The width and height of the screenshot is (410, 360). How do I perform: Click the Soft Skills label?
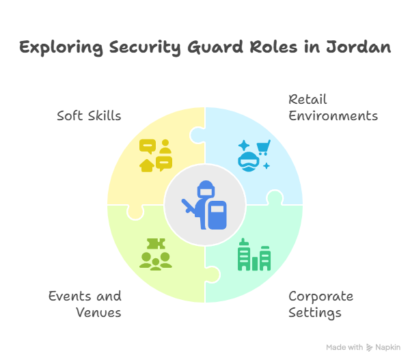pos(89,115)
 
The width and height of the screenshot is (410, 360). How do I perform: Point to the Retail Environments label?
pos(333,107)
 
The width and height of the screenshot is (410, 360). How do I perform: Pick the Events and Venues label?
pos(85,305)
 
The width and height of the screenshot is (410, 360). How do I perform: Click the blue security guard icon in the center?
pos(205,205)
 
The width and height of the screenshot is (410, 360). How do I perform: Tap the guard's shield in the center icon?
pos(216,215)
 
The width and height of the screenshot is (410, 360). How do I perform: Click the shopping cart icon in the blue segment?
pos(261,147)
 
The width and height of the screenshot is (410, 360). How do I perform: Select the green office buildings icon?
pos(254,255)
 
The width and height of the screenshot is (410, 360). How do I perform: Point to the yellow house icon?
pos(146,165)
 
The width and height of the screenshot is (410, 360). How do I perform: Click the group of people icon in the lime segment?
pos(156,260)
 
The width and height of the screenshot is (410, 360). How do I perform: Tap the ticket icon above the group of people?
pos(156,244)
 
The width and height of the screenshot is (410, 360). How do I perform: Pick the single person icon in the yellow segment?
pos(165,146)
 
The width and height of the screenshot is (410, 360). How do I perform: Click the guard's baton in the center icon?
pos(188,206)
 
